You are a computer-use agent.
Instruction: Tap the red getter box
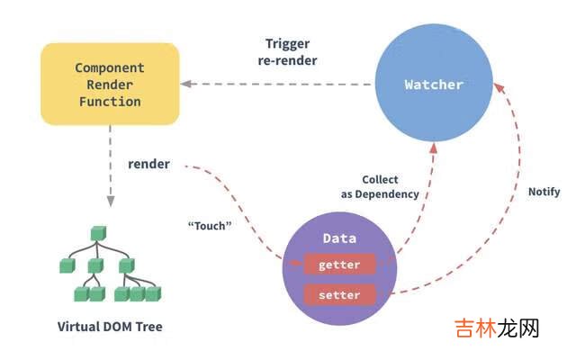(x=339, y=265)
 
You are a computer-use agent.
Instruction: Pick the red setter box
(x=339, y=295)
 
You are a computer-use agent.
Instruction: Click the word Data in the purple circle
(x=339, y=238)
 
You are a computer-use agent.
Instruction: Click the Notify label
(x=544, y=192)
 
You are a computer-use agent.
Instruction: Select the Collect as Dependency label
(x=379, y=187)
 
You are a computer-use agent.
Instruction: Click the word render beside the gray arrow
(x=149, y=164)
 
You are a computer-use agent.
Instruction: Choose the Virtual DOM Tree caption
(x=110, y=327)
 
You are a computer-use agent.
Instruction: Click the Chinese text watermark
(x=496, y=328)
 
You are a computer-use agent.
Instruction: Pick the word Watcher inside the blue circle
(x=433, y=85)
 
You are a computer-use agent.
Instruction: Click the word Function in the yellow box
(x=109, y=102)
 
